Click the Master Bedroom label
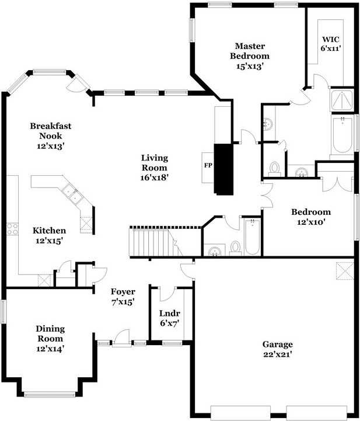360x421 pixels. tap(250, 51)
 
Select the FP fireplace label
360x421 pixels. tap(207, 165)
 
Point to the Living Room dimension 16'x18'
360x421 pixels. tap(154, 177)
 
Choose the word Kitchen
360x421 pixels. tap(49, 231)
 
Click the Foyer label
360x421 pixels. tap(123, 292)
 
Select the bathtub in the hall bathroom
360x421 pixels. tap(251, 236)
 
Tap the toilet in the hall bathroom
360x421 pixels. tap(235, 247)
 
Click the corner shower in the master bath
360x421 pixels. tap(341, 101)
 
